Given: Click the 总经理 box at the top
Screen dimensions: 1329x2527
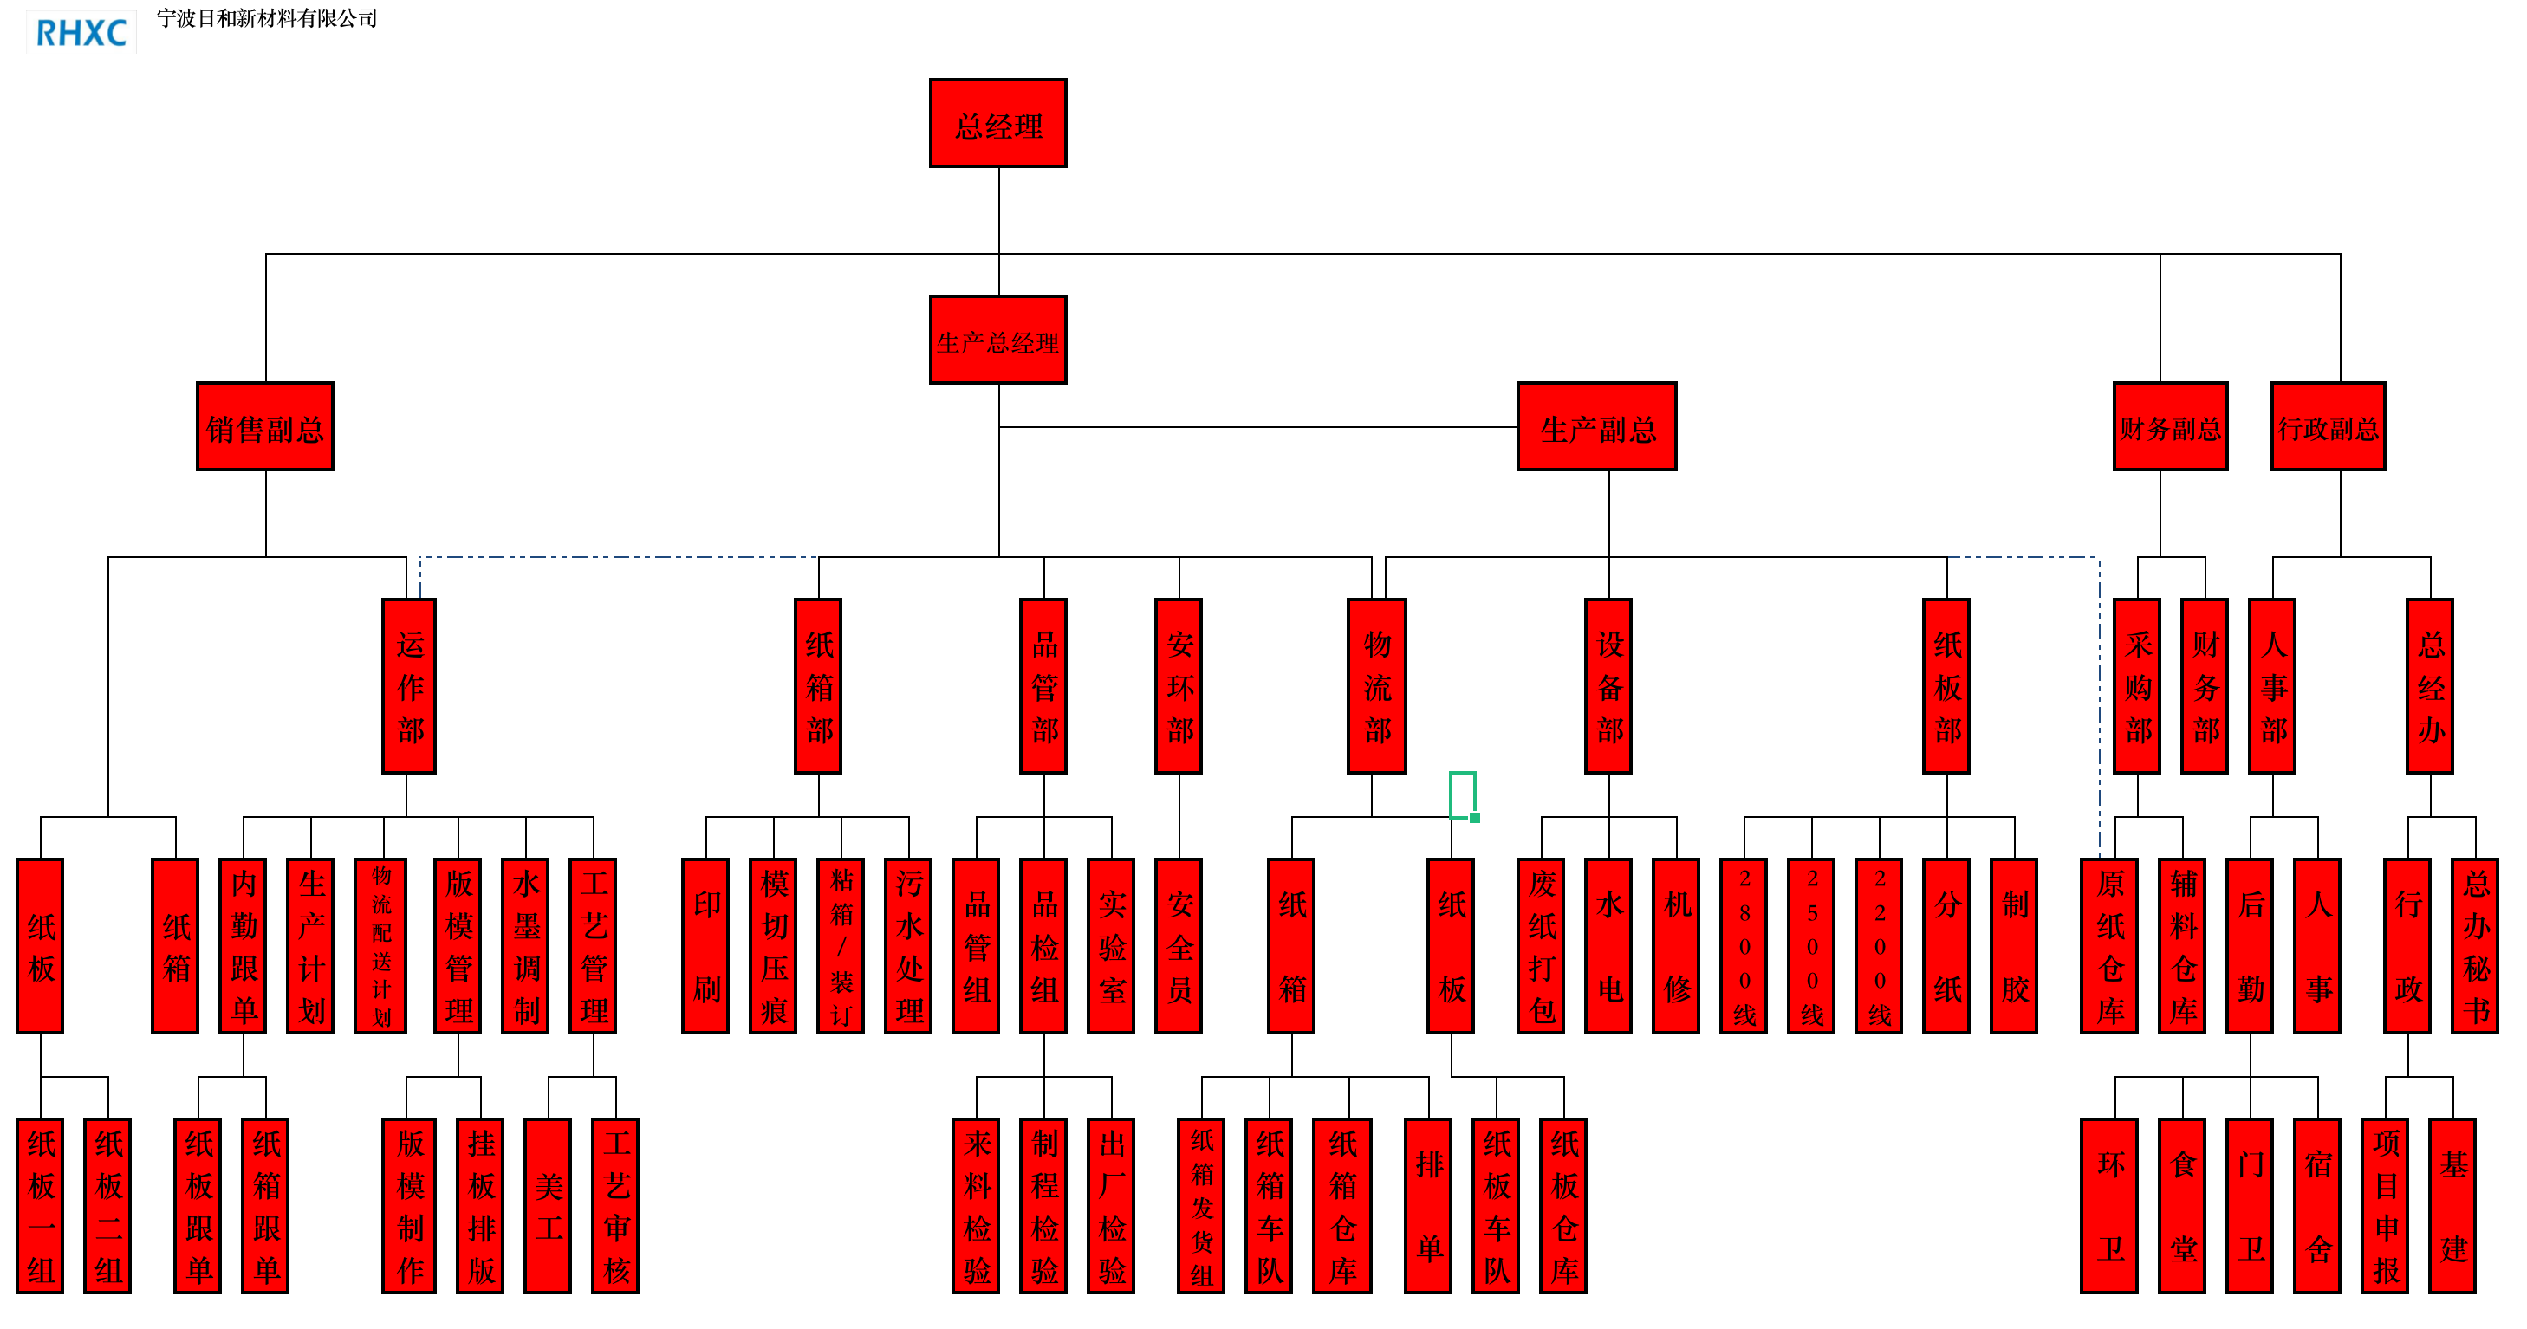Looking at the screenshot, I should (x=997, y=124).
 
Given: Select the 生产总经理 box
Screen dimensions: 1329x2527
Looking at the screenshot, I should (x=997, y=340).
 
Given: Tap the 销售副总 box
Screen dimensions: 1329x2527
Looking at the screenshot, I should (x=265, y=426).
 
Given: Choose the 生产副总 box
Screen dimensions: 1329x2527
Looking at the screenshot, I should (x=1596, y=426).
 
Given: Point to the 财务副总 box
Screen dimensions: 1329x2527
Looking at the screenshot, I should (x=2170, y=426).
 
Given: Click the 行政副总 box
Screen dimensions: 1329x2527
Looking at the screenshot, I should (x=2328, y=426).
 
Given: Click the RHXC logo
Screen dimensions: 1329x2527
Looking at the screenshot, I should (x=81, y=32).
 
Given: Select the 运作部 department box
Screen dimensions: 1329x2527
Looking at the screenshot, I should (x=409, y=685).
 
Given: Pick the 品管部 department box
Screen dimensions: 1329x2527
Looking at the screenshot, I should (x=1043, y=685).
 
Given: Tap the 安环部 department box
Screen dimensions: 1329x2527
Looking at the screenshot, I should (x=1179, y=685).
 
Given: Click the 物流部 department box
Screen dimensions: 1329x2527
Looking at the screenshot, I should (x=1377, y=685).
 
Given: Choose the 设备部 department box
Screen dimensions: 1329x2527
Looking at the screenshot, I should (x=1608, y=685).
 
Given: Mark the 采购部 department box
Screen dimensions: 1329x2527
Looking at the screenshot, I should (x=2138, y=685).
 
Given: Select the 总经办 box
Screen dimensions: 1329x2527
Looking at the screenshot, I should (x=2430, y=685).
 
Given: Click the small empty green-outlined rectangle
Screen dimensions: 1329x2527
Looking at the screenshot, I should (x=1462, y=794).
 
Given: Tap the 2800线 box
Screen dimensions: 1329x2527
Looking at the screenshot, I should (x=1744, y=945).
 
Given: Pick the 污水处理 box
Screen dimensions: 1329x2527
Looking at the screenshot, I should (x=908, y=945).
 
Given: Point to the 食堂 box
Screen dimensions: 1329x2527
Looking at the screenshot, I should (x=2183, y=1205).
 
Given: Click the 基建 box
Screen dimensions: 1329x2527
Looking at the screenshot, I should (x=2452, y=1205).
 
